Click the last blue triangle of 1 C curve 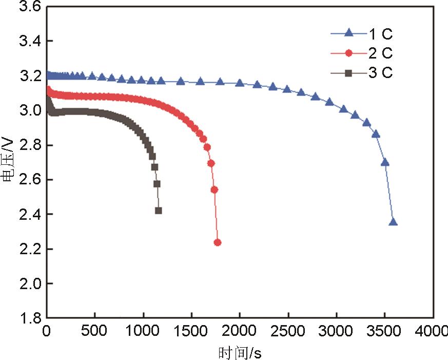point(394,222)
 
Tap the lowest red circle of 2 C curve point(217,242)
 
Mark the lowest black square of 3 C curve point(159,211)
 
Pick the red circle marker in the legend point(348,53)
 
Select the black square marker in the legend point(348,73)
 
